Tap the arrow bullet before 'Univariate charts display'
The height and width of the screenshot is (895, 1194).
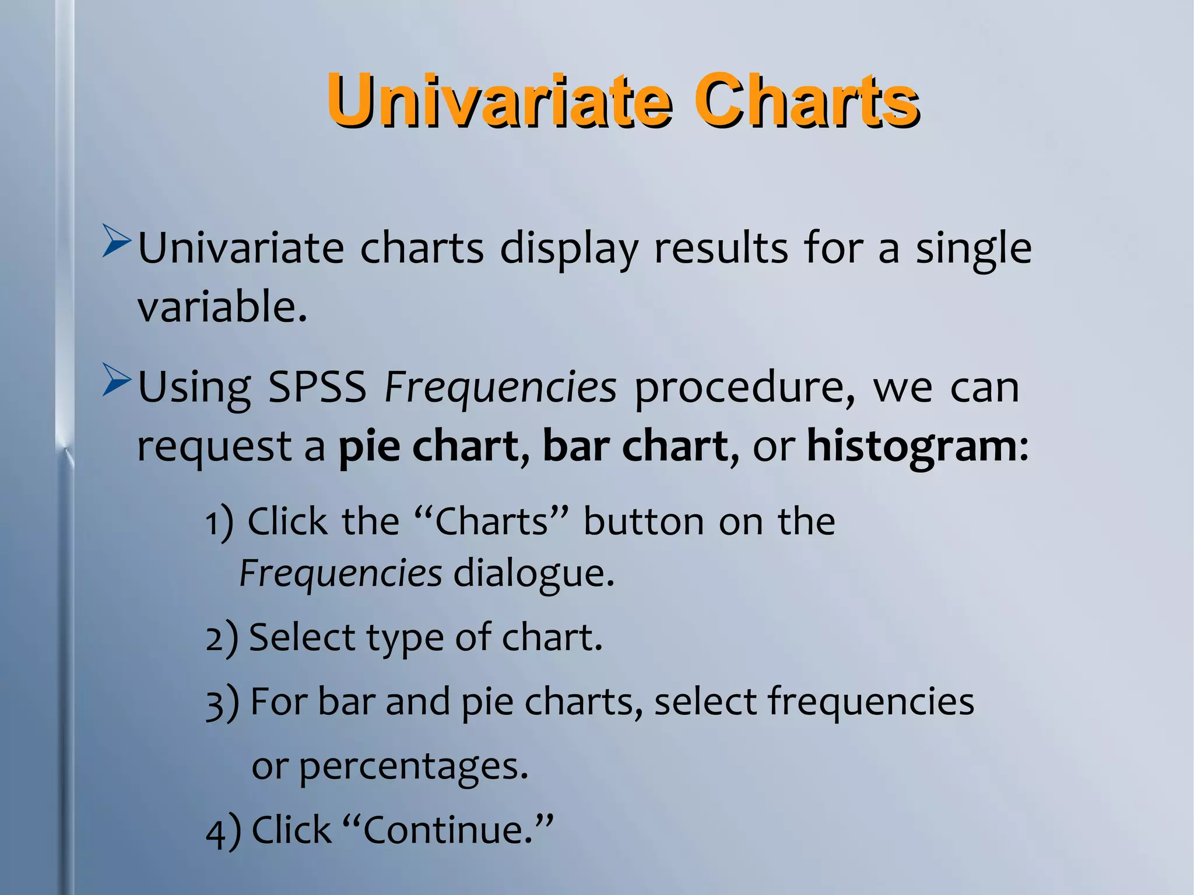click(116, 240)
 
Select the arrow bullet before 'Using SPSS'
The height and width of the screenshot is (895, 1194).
click(116, 380)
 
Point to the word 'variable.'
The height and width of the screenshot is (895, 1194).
click(222, 307)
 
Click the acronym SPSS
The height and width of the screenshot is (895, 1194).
click(317, 387)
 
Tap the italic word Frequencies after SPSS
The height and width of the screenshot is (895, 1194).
click(500, 387)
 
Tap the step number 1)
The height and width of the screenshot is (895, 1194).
click(219, 522)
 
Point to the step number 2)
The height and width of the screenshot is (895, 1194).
click(222, 638)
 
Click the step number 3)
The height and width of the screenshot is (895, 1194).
click(222, 703)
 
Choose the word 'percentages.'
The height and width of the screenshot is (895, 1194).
click(413, 767)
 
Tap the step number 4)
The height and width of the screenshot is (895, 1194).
click(223, 831)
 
